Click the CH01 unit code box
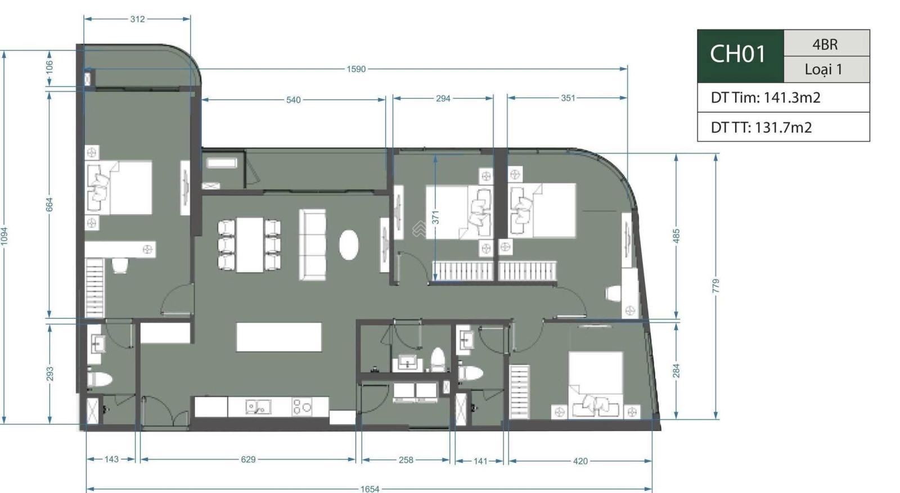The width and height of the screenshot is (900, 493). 740,56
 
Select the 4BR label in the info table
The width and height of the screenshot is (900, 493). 825,44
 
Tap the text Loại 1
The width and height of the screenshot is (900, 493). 823,70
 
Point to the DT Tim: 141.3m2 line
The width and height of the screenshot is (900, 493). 766,98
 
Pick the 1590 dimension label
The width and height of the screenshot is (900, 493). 356,69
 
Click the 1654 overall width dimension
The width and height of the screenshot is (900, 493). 370,489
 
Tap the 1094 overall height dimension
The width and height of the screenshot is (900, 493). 4,237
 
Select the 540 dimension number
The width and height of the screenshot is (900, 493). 293,100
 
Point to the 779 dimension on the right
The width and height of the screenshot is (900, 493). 715,286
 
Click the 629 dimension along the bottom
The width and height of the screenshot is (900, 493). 248,459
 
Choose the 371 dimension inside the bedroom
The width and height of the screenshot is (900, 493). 435,217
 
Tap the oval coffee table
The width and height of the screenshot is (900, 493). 348,245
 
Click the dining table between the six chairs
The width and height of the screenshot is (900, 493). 250,245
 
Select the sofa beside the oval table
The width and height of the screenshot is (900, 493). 312,245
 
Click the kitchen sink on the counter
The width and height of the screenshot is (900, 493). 258,407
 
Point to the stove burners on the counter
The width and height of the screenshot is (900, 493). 301,406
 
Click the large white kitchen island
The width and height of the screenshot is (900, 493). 279,337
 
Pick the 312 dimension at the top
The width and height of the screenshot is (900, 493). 137,19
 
